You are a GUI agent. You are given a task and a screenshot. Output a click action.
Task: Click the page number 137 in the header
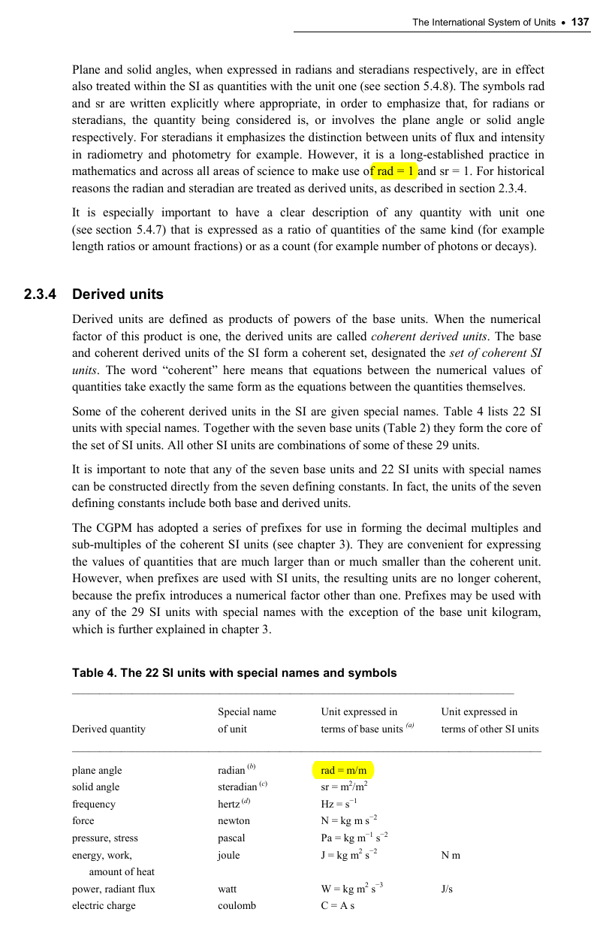click(x=580, y=23)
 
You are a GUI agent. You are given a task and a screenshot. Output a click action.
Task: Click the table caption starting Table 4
click(x=234, y=673)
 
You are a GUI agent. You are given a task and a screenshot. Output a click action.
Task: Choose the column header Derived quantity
click(x=109, y=729)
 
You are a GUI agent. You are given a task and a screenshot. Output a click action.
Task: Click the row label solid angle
click(x=95, y=787)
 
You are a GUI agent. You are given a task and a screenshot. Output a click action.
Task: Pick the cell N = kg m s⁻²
click(x=348, y=820)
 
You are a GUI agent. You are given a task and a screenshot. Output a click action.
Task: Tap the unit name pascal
click(x=232, y=838)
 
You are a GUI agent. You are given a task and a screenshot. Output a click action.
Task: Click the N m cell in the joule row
click(x=451, y=855)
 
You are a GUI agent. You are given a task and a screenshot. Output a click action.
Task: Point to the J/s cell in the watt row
click(x=447, y=889)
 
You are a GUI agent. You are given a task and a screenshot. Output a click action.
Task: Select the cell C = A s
click(x=337, y=906)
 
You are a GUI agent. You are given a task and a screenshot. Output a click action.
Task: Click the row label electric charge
click(x=104, y=906)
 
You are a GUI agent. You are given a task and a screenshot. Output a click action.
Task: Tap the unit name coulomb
click(x=237, y=906)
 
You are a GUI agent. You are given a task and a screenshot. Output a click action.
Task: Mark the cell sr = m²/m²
click(x=343, y=787)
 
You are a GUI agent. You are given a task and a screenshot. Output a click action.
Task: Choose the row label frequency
click(x=94, y=805)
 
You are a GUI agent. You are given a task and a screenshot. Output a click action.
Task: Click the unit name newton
click(x=234, y=821)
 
